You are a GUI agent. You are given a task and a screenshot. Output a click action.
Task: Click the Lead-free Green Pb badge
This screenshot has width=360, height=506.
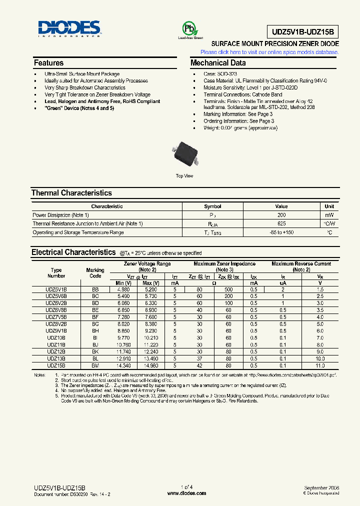click(x=190, y=29)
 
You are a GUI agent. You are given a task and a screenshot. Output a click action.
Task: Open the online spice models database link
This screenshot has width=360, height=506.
click(x=269, y=52)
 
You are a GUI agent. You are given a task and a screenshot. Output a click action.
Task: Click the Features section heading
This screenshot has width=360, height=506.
click(x=49, y=63)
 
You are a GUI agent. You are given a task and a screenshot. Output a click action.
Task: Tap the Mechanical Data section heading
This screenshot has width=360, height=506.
click(x=218, y=63)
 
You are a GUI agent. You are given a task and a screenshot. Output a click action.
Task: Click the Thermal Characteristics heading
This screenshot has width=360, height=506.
click(x=71, y=193)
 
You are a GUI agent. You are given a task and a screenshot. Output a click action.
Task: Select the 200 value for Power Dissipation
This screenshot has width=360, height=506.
click(x=281, y=214)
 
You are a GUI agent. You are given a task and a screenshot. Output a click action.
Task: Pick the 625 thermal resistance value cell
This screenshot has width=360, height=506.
click(x=281, y=223)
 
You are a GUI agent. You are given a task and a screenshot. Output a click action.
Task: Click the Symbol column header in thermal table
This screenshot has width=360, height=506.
click(x=212, y=206)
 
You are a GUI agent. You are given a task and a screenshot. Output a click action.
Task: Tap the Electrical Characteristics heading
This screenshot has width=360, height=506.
click(x=73, y=252)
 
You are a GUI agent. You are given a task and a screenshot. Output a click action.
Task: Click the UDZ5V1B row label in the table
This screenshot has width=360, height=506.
click(x=56, y=289)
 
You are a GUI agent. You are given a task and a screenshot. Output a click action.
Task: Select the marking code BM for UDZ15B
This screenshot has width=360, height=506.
click(x=95, y=366)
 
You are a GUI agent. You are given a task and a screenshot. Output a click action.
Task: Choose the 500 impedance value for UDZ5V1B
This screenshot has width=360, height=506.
click(x=228, y=289)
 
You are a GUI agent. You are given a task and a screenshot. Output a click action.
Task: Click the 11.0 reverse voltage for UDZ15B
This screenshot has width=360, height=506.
click(x=320, y=366)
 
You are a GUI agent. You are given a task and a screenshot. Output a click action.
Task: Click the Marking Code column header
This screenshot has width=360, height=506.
click(x=95, y=272)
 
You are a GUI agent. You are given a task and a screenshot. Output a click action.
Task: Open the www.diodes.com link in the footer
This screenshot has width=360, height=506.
click(x=186, y=493)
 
